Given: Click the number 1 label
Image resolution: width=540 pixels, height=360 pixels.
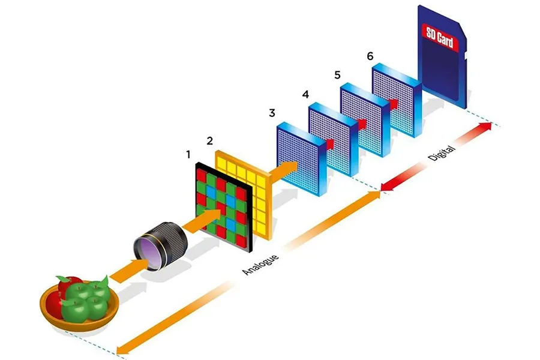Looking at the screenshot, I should [x=188, y=155].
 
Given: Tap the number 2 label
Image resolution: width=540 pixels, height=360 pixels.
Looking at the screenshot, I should [x=209, y=141].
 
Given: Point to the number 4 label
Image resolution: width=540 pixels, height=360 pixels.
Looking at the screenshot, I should [x=305, y=94].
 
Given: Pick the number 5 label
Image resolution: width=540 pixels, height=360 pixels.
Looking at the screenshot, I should [x=337, y=75].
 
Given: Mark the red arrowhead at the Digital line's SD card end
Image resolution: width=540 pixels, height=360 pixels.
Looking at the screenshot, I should [x=488, y=125].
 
